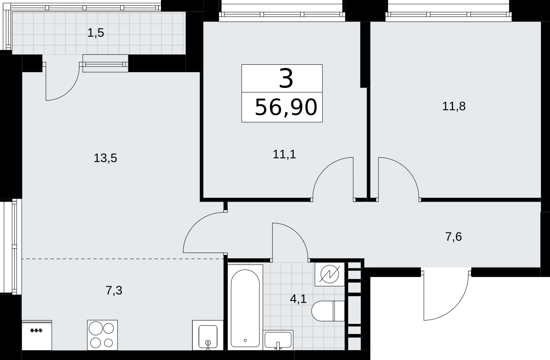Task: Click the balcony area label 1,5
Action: (96, 33)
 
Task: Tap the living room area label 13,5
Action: (106, 158)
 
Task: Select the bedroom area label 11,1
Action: (284, 154)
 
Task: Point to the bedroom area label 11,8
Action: (454, 106)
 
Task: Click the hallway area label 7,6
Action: (453, 237)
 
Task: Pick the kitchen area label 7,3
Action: (114, 290)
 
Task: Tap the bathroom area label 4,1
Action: (298, 299)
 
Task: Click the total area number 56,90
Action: (286, 107)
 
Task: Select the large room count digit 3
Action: (286, 79)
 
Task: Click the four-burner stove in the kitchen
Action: (102, 335)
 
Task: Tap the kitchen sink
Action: (208, 335)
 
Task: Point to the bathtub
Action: (245, 307)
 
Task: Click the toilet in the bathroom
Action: (328, 311)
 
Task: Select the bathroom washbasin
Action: (278, 340)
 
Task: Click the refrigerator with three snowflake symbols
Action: (37, 335)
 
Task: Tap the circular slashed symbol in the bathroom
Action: (330, 274)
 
